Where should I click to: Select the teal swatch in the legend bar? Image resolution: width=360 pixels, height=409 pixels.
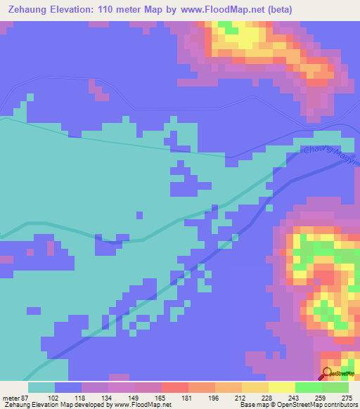click(x=41, y=387)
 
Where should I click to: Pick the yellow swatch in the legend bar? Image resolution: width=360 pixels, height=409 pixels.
click(x=281, y=387)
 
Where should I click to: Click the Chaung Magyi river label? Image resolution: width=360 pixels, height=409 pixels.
click(x=331, y=157)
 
